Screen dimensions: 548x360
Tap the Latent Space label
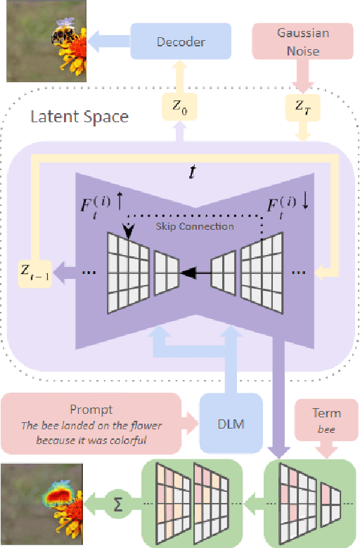click(79, 115)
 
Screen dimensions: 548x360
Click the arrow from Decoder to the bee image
click(110, 41)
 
